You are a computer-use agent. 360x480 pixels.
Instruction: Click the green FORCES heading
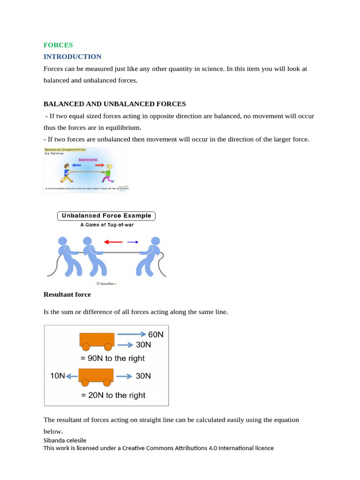58,45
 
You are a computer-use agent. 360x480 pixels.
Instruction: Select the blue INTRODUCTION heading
72,57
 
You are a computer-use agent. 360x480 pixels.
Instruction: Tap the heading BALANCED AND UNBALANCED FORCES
114,104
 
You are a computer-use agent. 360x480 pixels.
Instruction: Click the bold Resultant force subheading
67,294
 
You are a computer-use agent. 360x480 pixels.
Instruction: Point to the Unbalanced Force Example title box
106,216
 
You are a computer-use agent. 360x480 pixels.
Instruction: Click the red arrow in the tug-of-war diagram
113,242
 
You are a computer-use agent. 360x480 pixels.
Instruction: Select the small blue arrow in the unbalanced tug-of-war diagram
133,242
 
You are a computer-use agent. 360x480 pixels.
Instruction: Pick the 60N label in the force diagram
156,335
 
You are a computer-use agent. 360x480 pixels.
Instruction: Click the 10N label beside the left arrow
57,376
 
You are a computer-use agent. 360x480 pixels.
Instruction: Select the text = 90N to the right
112,358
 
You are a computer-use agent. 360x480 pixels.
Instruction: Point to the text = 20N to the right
113,395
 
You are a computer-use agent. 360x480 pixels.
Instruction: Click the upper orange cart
97,340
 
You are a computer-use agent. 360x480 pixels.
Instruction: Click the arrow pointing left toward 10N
72,376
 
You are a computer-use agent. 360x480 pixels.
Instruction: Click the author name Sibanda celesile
65,440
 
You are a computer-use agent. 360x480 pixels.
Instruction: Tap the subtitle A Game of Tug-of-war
106,225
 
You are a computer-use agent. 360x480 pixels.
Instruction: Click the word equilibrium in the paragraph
124,127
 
